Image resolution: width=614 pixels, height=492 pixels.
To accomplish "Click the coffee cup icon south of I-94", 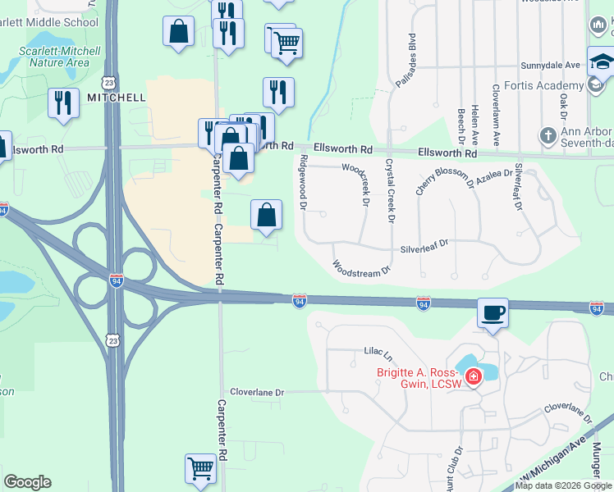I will pyautogui.click(x=493, y=313).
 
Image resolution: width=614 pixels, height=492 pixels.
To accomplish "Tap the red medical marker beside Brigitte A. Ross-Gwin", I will pyautogui.click(x=473, y=377).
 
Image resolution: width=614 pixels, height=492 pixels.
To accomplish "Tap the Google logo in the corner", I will pyautogui.click(x=27, y=481).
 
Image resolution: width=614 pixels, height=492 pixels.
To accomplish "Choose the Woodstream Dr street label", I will pyautogui.click(x=361, y=268).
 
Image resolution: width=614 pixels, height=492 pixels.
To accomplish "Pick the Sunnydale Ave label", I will pyautogui.click(x=551, y=65).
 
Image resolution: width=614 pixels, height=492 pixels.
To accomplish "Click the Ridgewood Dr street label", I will pyautogui.click(x=303, y=182).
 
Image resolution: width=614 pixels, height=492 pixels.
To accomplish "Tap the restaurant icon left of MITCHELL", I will pyautogui.click(x=63, y=102).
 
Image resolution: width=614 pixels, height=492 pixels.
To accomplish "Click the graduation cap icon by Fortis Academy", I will pyautogui.click(x=601, y=62).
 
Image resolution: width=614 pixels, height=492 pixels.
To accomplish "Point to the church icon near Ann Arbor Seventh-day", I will pyautogui.click(x=548, y=134).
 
